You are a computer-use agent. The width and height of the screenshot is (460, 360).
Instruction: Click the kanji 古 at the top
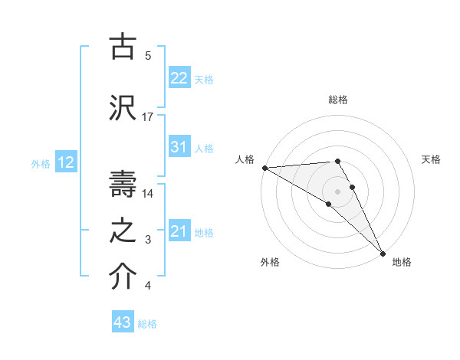pyautogui.click(x=123, y=47)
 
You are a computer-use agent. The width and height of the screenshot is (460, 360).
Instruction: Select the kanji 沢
pyautogui.click(x=123, y=106)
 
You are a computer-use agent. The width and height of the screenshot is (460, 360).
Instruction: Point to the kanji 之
pyautogui.click(x=123, y=230)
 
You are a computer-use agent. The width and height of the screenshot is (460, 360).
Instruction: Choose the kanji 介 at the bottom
pyautogui.click(x=123, y=278)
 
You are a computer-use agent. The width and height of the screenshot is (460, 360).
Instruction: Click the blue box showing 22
pyautogui.click(x=179, y=77)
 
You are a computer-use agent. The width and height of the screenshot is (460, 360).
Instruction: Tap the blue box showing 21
pyautogui.click(x=179, y=231)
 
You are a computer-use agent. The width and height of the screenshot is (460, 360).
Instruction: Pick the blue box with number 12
pyautogui.click(x=65, y=162)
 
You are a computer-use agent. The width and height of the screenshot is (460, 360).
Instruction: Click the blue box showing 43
pyautogui.click(x=123, y=322)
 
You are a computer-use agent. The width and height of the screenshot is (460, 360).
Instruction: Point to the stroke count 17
pyautogui.click(x=148, y=117)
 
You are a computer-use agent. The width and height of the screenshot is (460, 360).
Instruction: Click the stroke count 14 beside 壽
pyautogui.click(x=148, y=193)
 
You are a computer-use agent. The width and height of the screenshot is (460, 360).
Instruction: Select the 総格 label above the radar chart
pyautogui.click(x=337, y=100)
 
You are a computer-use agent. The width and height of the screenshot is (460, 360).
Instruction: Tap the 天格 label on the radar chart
pyautogui.click(x=431, y=159)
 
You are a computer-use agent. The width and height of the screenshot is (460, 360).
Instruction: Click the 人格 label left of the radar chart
pyautogui.click(x=245, y=159)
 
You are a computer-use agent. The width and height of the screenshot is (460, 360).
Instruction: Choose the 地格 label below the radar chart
pyautogui.click(x=402, y=262)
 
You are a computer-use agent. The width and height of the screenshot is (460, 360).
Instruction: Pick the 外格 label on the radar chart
pyautogui.click(x=270, y=262)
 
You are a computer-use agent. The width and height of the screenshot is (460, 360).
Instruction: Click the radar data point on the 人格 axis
pyautogui.click(x=264, y=168)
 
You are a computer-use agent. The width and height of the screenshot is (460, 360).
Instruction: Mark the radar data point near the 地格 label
pyautogui.click(x=383, y=253)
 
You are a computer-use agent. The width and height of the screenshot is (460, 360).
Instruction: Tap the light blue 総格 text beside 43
pyautogui.click(x=147, y=323)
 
